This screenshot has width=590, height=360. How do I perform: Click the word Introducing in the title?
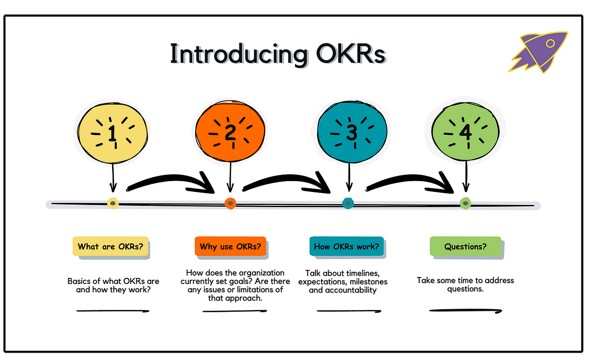coord(229,55)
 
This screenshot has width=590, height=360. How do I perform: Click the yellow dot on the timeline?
coord(113,203)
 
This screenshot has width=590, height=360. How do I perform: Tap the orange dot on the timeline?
coord(230,203)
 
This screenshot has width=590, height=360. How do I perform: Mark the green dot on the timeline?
coord(465,203)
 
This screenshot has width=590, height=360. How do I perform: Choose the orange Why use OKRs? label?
coord(230,247)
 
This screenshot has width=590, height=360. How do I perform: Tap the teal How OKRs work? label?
coord(346,247)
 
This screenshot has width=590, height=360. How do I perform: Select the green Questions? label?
coord(465,247)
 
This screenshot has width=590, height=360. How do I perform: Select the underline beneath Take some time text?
coord(465,310)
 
